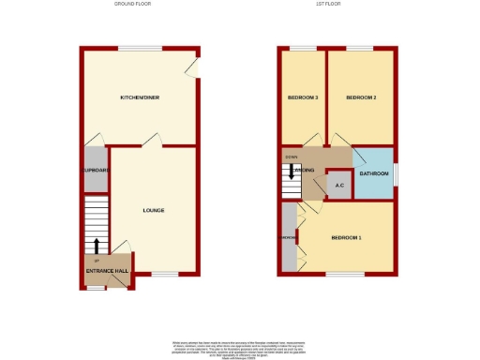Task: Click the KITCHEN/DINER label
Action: [x=137, y=97]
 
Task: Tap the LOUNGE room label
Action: [x=154, y=210]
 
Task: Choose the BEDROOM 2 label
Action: [x=360, y=97]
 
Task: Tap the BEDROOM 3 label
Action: [x=302, y=97]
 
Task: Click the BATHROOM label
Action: [x=373, y=173]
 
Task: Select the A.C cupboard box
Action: [x=339, y=185]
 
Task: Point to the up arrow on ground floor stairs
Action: [x=96, y=247]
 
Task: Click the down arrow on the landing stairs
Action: [x=292, y=172]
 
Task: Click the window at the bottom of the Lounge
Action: [x=165, y=275]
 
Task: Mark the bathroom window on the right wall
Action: [x=395, y=173]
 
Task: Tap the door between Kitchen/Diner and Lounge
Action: [x=152, y=142]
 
